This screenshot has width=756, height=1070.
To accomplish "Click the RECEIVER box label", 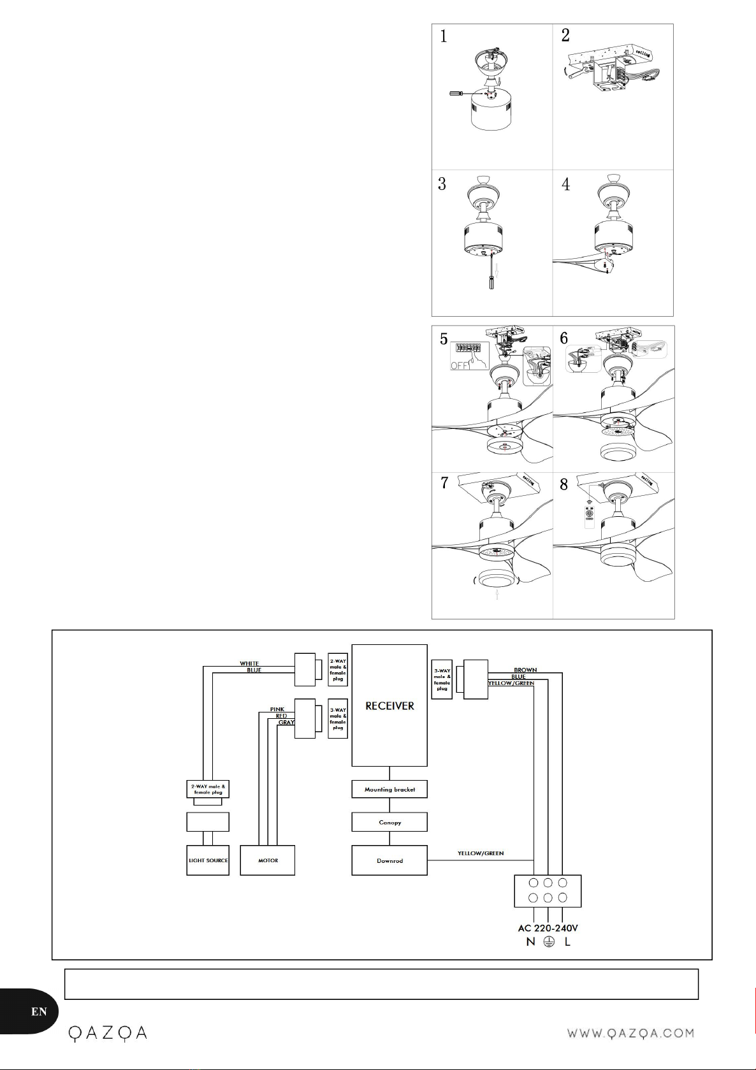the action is click(x=389, y=706).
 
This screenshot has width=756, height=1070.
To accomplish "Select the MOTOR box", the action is click(x=268, y=860).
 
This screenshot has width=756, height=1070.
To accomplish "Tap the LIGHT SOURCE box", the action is click(x=208, y=860).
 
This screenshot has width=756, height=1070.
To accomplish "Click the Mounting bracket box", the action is click(x=389, y=790).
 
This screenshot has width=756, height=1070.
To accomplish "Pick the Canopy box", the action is click(x=389, y=822).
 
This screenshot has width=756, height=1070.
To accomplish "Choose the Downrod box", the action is click(x=389, y=860).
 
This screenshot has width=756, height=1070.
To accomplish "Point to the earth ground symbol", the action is click(x=548, y=942).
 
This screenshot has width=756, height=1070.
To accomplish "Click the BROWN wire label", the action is click(x=525, y=670).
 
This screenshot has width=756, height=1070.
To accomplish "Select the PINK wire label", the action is click(x=277, y=709).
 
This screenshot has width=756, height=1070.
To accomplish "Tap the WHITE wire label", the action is click(x=249, y=663).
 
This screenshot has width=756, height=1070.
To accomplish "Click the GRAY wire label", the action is click(x=286, y=723).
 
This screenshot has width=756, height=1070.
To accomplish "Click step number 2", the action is click(x=565, y=36).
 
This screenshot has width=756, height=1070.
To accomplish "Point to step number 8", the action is click(x=564, y=484).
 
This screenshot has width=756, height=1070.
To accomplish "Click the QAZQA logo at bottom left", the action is click(x=108, y=1032).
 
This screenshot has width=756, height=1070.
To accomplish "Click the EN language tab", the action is click(x=39, y=1011).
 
